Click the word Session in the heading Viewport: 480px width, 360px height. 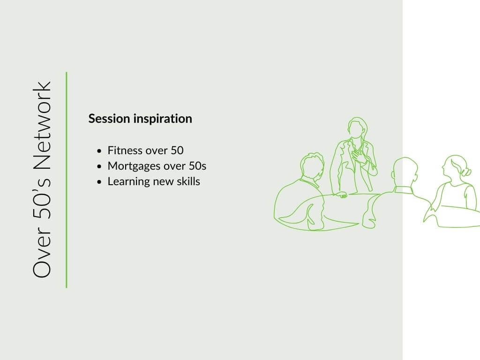pyautogui.click(x=109, y=119)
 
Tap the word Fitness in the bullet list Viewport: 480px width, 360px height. pyautogui.click(x=125, y=150)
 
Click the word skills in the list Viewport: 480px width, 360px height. pyautogui.click(x=188, y=181)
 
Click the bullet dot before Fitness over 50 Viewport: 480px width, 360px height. pyautogui.click(x=99, y=151)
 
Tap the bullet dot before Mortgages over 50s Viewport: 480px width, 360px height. pyautogui.click(x=99, y=166)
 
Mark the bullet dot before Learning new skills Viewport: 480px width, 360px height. pyautogui.click(x=99, y=182)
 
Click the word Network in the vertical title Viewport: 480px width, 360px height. pyautogui.click(x=42, y=125)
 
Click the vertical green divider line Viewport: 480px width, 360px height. pyautogui.click(x=67, y=180)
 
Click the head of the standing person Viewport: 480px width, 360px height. pyautogui.click(x=357, y=127)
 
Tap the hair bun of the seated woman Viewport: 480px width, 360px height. pyautogui.click(x=466, y=172)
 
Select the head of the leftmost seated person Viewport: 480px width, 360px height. pyautogui.click(x=312, y=167)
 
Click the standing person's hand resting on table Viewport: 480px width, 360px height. pyautogui.click(x=341, y=195)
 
